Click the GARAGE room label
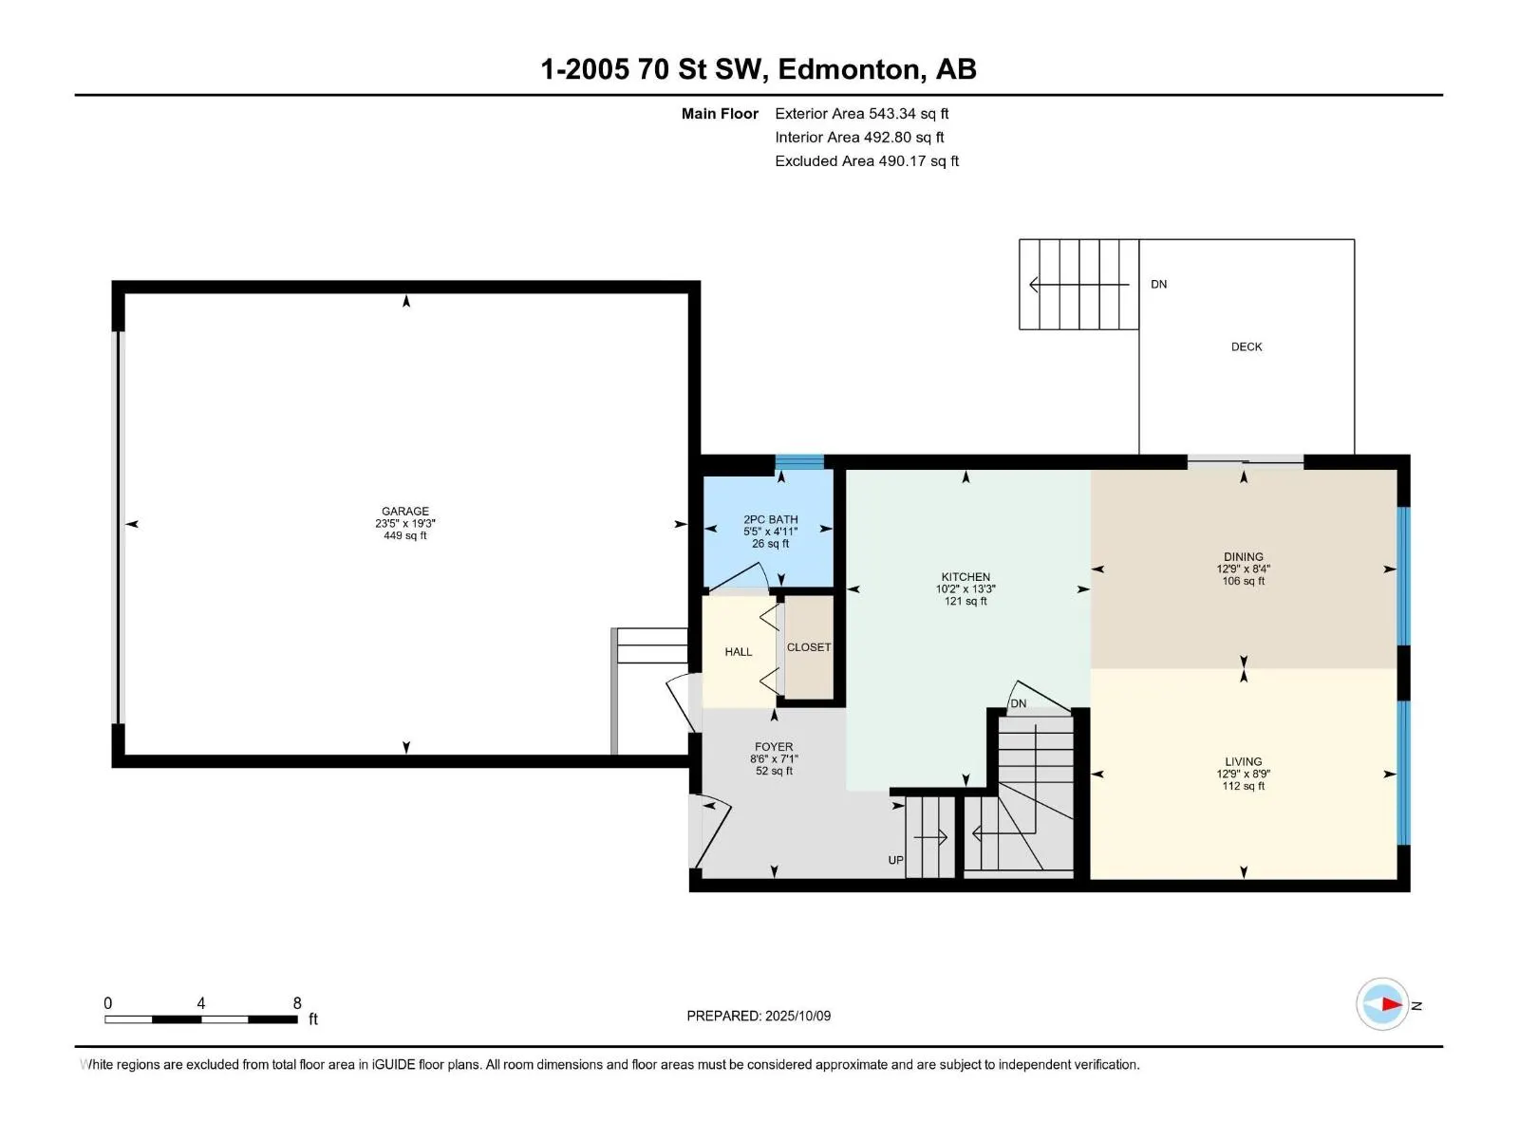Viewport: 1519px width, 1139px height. point(404,511)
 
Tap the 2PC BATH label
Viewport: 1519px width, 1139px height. point(770,519)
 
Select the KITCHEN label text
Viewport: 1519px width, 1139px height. point(966,577)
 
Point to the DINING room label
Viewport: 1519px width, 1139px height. point(1243,557)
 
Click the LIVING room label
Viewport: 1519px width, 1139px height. point(1243,761)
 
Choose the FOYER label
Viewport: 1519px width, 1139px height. point(774,747)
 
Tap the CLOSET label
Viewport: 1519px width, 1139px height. point(808,647)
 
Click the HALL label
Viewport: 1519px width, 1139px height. point(738,651)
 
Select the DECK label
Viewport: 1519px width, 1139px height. point(1247,346)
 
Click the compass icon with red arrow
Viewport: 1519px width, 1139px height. point(1382,1004)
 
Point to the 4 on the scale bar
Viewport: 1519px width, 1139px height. point(200,1002)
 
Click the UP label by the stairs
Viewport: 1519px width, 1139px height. point(895,860)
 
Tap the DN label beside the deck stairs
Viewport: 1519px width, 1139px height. point(1158,284)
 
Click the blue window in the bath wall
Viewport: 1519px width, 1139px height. point(799,462)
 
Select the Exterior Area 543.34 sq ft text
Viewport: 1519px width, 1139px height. point(862,113)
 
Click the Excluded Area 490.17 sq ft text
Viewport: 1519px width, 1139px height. point(867,161)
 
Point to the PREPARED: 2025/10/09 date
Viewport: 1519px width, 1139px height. point(759,1016)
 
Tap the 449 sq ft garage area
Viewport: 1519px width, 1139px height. point(404,535)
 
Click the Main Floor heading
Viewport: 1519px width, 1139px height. point(720,113)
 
